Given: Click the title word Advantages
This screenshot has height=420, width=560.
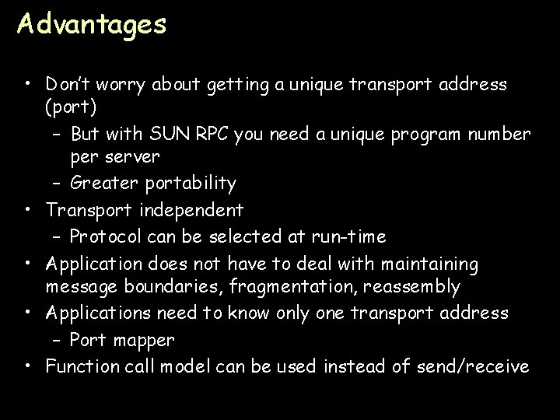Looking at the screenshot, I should coord(92,25).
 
